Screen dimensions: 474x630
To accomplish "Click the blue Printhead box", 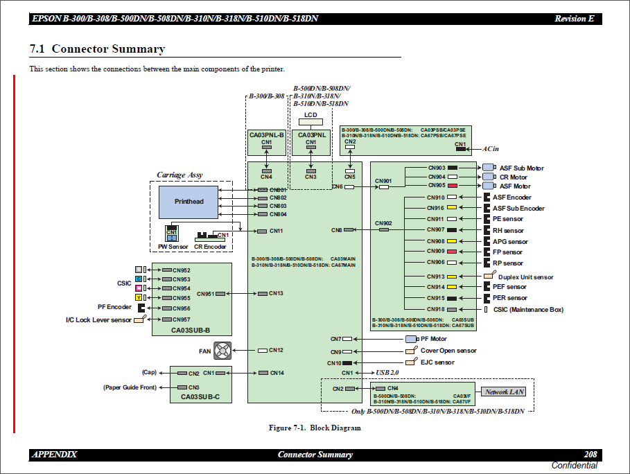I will [x=189, y=202].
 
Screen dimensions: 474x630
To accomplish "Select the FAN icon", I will [x=222, y=351].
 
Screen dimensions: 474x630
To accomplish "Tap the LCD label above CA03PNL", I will [x=310, y=114].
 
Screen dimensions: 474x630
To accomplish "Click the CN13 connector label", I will [x=276, y=294].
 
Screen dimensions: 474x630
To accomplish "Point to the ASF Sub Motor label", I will [x=521, y=168].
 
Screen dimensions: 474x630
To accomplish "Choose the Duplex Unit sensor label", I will [x=525, y=277].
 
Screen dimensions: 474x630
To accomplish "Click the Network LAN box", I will [x=505, y=392].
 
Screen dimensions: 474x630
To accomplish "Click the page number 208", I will [x=590, y=455].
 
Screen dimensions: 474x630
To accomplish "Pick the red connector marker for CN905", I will [x=452, y=186].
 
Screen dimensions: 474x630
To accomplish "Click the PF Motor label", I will [x=434, y=339].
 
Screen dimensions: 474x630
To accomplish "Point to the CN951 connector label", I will [x=205, y=294].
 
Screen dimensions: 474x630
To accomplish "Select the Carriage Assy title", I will [x=180, y=175].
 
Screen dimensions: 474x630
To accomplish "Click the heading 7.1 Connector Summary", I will [x=97, y=49].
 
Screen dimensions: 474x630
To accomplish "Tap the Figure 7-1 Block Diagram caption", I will [x=315, y=428].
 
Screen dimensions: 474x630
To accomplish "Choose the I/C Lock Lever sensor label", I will [x=98, y=319].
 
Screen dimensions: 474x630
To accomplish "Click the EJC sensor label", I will [x=437, y=362].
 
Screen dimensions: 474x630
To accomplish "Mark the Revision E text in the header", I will [x=574, y=19].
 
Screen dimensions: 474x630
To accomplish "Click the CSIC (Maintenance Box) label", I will [x=528, y=310].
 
